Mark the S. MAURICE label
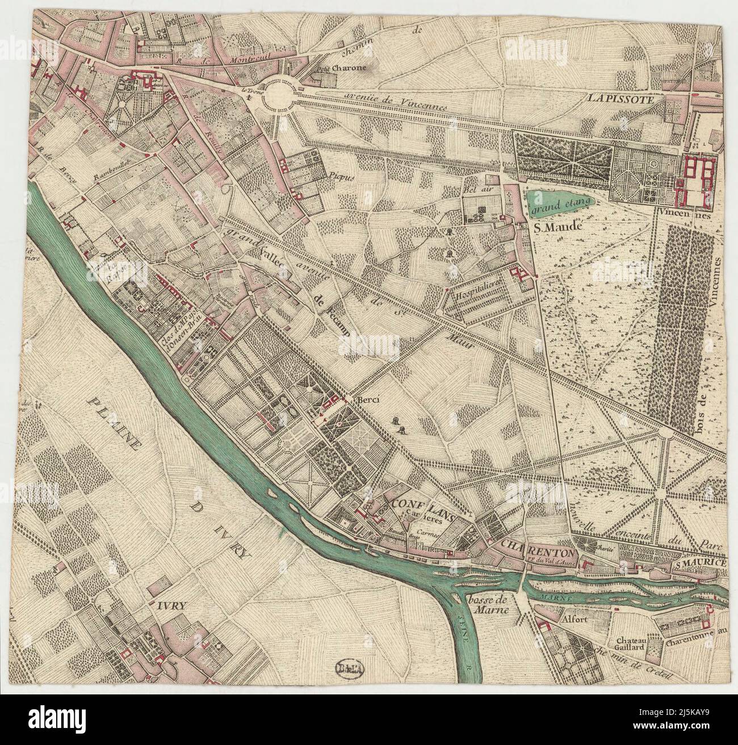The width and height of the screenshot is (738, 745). pos(701,563)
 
